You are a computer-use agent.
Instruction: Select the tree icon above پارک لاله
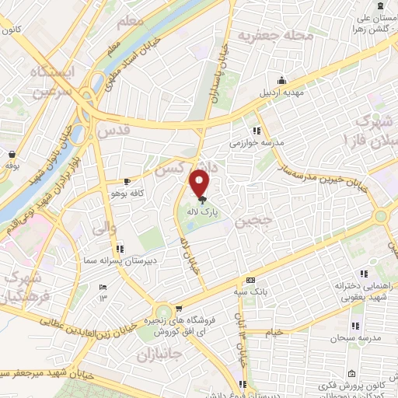(x=201, y=199)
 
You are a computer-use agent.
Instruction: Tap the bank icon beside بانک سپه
(x=250, y=280)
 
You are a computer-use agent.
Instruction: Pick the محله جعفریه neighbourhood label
(x=275, y=37)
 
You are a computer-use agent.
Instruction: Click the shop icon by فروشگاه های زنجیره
(x=180, y=309)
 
